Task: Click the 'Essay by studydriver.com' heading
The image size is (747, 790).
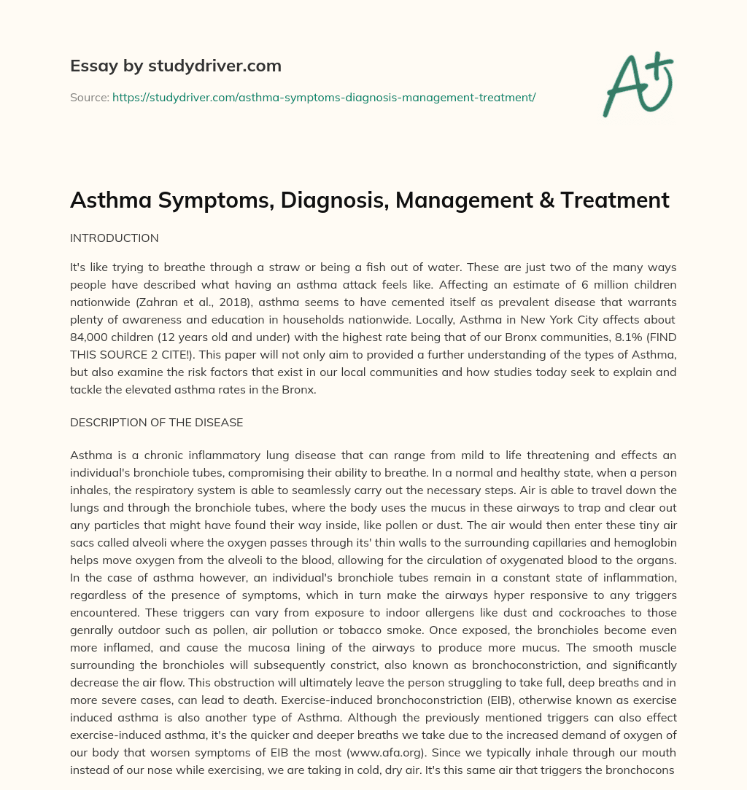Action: [176, 66]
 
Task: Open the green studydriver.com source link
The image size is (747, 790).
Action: [324, 97]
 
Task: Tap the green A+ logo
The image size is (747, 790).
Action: [637, 83]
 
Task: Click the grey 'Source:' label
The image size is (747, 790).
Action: [89, 97]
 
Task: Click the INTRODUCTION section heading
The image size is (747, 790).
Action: [114, 238]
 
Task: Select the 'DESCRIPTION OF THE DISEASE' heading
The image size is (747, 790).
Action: [156, 423]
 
